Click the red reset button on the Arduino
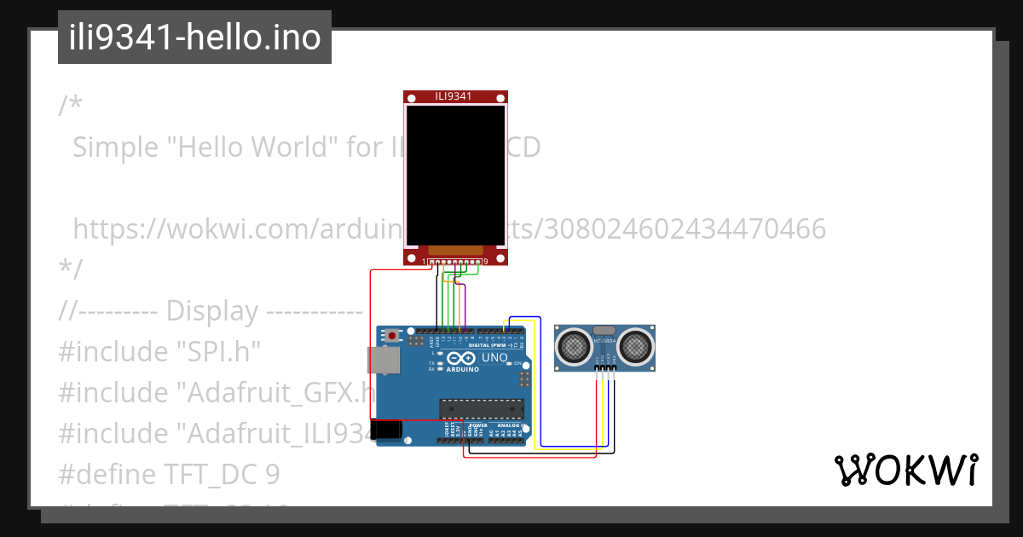pos(391,336)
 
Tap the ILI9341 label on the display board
pos(454,96)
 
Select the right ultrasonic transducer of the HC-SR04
pos(636,346)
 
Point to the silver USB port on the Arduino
pos(383,360)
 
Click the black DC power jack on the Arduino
pos(388,429)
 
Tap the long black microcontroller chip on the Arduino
pos(478,408)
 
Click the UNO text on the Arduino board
pos(494,358)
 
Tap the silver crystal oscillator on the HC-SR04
pos(604,330)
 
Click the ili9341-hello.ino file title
pos(194,38)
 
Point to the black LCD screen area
pos(455,176)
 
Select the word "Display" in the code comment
pos(212,311)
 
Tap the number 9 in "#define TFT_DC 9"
pos(272,475)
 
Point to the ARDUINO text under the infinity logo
pos(462,371)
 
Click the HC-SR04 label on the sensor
pos(604,342)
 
